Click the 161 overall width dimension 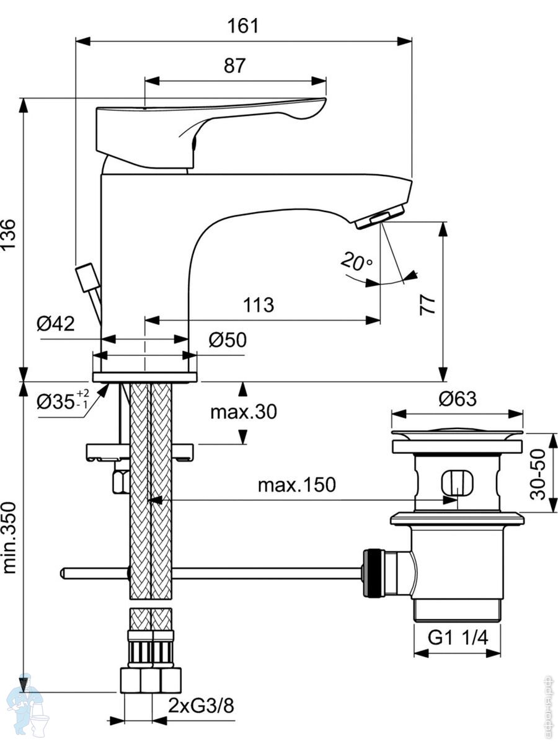tap(243, 26)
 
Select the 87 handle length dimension tap(234, 66)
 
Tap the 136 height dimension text tap(8, 234)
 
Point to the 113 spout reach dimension tap(259, 305)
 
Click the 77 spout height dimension tap(428, 305)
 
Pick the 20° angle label tap(356, 262)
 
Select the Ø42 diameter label tap(56, 324)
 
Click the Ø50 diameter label tap(228, 340)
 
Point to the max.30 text tap(244, 412)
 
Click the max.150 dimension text tap(297, 485)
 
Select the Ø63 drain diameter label tap(458, 399)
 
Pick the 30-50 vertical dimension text tap(538, 474)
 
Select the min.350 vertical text tap(9, 538)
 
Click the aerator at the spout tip tap(380, 216)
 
